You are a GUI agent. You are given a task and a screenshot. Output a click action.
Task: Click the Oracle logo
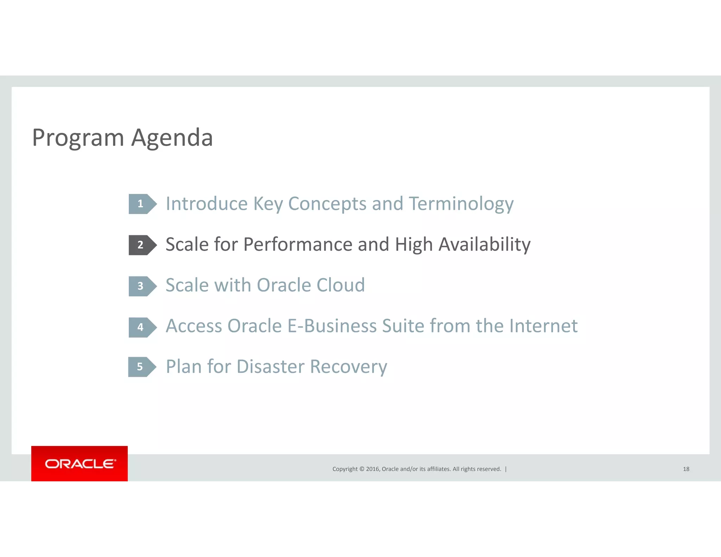80,464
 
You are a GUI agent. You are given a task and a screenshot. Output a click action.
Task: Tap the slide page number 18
686,469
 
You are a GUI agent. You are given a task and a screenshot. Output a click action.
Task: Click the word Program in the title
78,138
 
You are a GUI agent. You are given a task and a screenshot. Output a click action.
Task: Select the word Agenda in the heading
172,138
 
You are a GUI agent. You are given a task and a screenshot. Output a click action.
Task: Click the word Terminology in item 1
461,204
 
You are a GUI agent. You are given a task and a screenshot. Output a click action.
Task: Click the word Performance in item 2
297,245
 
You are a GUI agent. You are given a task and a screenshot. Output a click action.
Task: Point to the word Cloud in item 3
340,285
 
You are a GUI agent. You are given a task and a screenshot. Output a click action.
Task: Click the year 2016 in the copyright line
372,469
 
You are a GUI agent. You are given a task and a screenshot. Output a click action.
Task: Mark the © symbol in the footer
361,469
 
